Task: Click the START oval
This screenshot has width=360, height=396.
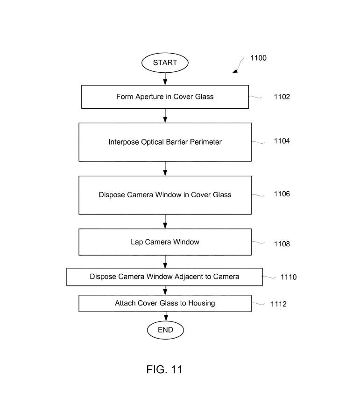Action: pyautogui.click(x=165, y=62)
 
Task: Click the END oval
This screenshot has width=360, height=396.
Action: pyautogui.click(x=165, y=330)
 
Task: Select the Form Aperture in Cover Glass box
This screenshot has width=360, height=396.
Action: pyautogui.click(x=165, y=97)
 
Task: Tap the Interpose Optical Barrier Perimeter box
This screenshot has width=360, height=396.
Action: pyautogui.click(x=165, y=142)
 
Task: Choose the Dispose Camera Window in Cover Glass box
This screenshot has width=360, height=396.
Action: pyautogui.click(x=165, y=195)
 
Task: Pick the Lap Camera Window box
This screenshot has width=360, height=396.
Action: pyautogui.click(x=165, y=242)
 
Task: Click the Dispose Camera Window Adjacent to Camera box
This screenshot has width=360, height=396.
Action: pyautogui.click(x=164, y=277)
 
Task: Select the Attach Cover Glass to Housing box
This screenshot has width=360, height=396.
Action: pyautogui.click(x=165, y=303)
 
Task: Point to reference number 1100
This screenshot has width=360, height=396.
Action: pyautogui.click(x=258, y=58)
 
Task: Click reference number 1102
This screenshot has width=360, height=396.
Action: pyautogui.click(x=282, y=97)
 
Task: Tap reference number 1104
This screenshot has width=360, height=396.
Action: pyautogui.click(x=282, y=141)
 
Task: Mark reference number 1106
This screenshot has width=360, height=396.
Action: pyautogui.click(x=282, y=194)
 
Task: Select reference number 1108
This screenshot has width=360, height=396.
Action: pyautogui.click(x=282, y=243)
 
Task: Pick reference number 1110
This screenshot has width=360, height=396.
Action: pyautogui.click(x=289, y=277)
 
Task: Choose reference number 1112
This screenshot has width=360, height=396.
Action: pyautogui.click(x=278, y=304)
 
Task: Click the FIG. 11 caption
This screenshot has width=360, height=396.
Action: pyautogui.click(x=164, y=369)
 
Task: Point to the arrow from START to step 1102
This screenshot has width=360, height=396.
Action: pyautogui.click(x=165, y=79)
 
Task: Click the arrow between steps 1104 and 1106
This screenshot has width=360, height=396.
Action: pyautogui.click(x=165, y=168)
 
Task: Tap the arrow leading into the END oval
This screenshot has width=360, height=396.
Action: pyautogui.click(x=165, y=316)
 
